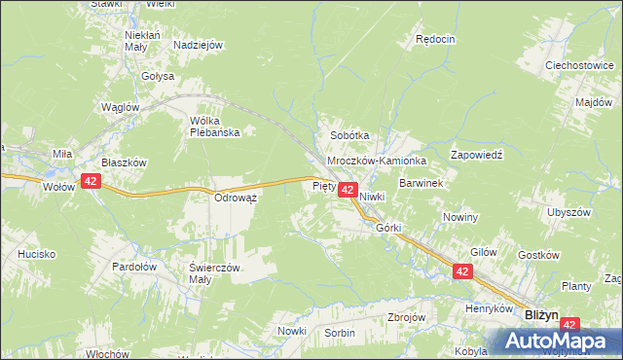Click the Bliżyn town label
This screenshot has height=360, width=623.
coord(541,314)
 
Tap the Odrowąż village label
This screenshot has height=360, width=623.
coord(235,197)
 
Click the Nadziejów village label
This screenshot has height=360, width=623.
coord(199,45)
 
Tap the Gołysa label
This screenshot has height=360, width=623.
coord(156,75)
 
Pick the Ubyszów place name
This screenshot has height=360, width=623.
coord(569,212)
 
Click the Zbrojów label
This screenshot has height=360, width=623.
coord(407,318)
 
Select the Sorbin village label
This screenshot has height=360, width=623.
coord(340,333)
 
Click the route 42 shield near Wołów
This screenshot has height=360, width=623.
coord(91,181)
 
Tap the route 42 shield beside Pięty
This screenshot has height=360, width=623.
coord(347,193)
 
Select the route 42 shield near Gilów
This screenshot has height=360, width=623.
coord(462,275)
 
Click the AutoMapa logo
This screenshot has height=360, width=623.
coord(559,341)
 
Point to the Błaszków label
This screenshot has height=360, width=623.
coord(124,163)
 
